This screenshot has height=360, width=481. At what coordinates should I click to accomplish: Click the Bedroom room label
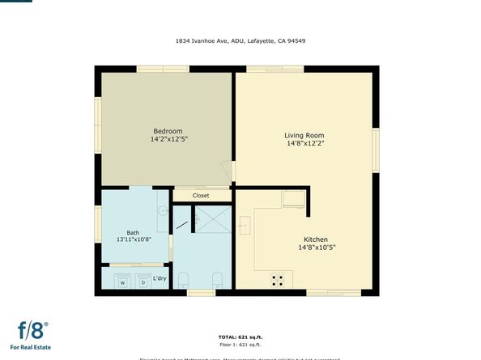click(168, 131)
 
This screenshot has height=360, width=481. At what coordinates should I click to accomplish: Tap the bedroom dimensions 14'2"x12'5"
click(168, 139)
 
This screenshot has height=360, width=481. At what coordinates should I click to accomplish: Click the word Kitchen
click(315, 239)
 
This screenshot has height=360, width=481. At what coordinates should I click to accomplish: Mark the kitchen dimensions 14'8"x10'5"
click(315, 248)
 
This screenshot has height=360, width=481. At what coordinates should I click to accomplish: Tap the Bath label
click(133, 233)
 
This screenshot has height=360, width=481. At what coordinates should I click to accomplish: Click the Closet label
click(201, 195)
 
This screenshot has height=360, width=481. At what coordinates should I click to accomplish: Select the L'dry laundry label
click(160, 278)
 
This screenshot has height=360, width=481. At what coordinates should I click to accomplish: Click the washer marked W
click(123, 282)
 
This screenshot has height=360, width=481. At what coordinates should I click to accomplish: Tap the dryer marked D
click(143, 282)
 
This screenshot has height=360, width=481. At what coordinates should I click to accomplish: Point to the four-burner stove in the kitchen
click(278, 280)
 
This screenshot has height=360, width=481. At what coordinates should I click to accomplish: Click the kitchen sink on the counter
click(245, 225)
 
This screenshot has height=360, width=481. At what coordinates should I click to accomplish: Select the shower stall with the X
click(213, 218)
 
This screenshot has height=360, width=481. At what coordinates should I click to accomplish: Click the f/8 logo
click(33, 330)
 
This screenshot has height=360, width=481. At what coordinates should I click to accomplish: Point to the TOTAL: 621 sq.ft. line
click(240, 337)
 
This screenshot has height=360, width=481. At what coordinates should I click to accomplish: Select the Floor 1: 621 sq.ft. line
click(240, 345)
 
